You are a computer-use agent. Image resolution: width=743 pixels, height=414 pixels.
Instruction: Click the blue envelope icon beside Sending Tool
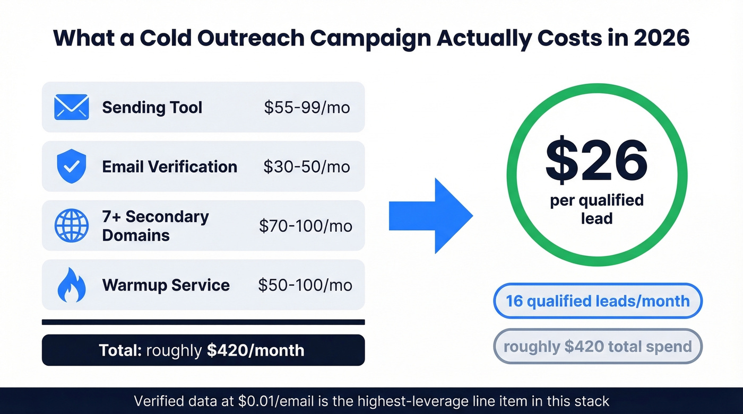(71, 107)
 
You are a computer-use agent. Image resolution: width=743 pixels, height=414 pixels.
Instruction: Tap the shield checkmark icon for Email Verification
(71, 166)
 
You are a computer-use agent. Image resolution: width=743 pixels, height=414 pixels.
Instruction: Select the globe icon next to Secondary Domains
(71, 226)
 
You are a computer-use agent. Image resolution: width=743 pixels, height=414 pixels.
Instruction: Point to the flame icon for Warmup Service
(71, 285)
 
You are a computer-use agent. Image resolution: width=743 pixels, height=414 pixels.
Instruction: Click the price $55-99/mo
(307, 108)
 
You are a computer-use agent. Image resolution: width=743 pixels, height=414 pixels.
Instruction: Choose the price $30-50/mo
(307, 167)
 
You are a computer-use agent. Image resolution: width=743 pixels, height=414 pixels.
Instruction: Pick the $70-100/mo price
(305, 226)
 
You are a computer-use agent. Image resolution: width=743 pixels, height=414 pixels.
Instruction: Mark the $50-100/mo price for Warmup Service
(305, 285)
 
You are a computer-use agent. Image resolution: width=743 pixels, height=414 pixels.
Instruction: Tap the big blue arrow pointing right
(430, 216)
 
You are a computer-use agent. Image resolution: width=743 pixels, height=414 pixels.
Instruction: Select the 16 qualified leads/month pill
(598, 301)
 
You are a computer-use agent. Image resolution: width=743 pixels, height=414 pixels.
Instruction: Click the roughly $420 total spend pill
(598, 347)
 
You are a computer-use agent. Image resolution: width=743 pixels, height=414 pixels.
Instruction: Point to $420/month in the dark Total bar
(255, 350)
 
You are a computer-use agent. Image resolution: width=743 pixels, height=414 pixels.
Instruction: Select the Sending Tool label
(152, 108)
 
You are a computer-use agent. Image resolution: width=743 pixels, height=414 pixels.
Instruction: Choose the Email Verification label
(169, 167)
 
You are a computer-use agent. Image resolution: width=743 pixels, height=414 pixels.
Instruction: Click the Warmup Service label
(166, 285)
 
